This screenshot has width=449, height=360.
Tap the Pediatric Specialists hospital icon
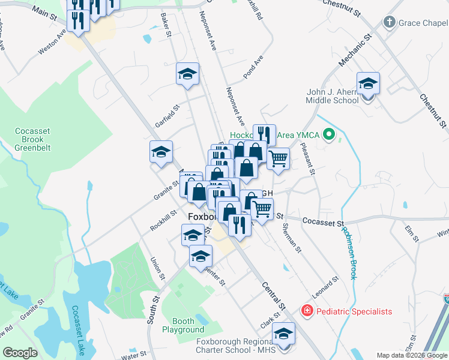point(307,311)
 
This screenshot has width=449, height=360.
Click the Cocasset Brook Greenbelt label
point(34,139)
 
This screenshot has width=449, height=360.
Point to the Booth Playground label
point(183,325)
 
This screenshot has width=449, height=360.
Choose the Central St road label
point(274,295)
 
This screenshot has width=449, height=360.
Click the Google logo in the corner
point(20,353)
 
